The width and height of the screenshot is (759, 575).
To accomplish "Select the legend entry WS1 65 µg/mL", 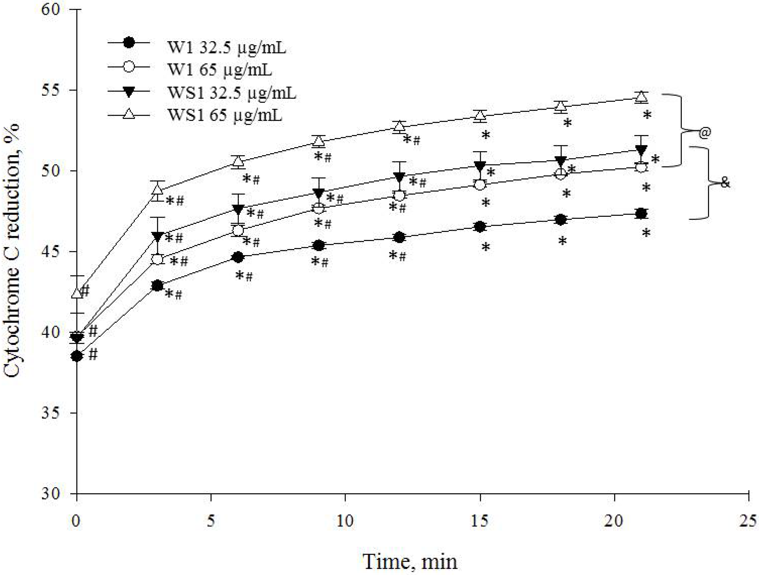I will click(225, 115).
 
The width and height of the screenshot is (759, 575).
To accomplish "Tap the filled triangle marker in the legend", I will click(129, 92).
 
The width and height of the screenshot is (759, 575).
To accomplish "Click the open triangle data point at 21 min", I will click(641, 97).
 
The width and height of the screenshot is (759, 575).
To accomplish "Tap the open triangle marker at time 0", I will click(77, 293).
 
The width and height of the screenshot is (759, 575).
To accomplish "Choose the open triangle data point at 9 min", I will click(319, 141).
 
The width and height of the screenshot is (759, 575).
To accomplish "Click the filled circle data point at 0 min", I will click(77, 356).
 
